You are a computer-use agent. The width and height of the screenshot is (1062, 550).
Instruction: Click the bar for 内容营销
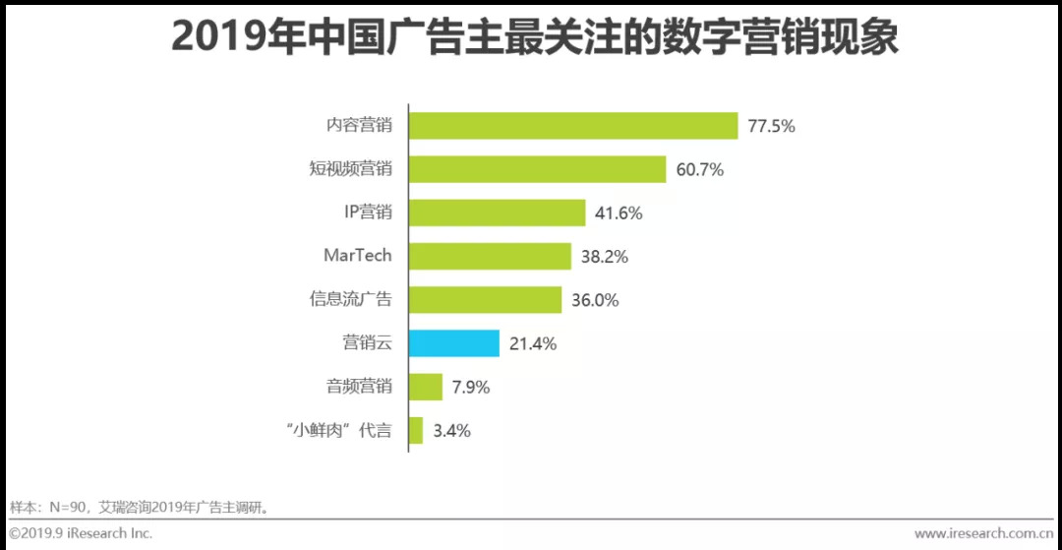click(x=573, y=126)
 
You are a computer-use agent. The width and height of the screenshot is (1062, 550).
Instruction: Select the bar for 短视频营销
click(x=537, y=169)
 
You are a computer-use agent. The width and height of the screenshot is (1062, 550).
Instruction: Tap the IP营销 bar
click(x=497, y=213)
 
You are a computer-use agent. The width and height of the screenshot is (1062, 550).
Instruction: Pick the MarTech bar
click(x=490, y=256)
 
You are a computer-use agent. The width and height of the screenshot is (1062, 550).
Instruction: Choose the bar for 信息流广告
click(x=485, y=300)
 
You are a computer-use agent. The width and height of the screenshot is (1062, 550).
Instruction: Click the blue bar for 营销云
click(x=453, y=343)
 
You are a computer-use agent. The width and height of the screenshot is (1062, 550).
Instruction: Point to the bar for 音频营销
click(x=425, y=387)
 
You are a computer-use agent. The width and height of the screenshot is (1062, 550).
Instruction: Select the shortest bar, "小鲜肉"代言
click(x=415, y=430)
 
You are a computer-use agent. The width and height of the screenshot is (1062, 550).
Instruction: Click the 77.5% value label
click(x=771, y=126)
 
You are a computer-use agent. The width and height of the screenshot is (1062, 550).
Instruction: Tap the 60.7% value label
click(x=700, y=169)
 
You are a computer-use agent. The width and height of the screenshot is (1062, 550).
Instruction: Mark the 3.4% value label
click(x=451, y=430)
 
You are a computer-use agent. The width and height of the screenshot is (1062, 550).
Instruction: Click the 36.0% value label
click(x=595, y=300)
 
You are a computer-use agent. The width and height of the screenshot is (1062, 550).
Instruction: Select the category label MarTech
click(x=357, y=256)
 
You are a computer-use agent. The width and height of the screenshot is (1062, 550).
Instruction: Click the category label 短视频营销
click(x=350, y=169)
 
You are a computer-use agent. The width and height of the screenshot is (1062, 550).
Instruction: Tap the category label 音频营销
click(x=359, y=387)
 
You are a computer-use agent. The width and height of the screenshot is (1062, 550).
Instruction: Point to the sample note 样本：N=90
click(x=139, y=508)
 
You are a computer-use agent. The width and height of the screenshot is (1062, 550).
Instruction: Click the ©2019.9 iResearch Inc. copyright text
click(x=82, y=533)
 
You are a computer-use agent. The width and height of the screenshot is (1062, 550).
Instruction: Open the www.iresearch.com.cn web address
click(x=983, y=533)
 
